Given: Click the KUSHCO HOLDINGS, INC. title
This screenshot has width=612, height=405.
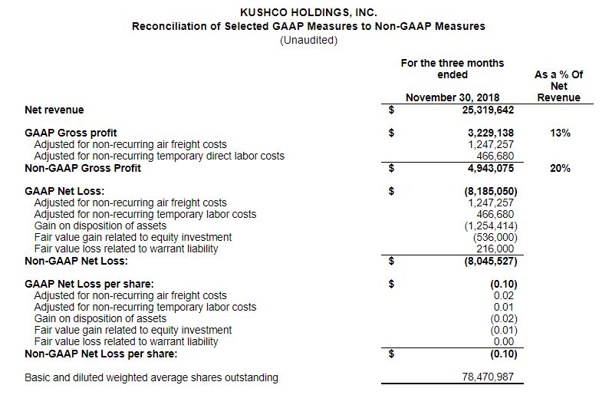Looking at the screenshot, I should coord(308,12).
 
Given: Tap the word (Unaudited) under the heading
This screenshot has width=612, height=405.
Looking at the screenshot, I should coord(308,40).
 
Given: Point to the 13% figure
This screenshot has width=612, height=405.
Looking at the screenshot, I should coord(560,133).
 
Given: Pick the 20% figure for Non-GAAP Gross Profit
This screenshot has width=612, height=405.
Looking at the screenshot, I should coord(560,168).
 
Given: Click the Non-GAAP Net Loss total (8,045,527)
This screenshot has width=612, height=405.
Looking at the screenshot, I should coord(490,261).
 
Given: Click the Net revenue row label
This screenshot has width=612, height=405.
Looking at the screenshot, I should coord(54,110).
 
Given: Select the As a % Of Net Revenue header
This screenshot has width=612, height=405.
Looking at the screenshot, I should coord(558,86).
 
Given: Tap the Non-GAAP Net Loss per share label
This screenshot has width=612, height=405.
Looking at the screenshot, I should coord(101,354).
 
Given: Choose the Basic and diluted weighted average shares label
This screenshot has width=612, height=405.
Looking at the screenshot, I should coord(152,377).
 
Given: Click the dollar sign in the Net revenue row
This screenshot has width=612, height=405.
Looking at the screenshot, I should coord(392,110).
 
